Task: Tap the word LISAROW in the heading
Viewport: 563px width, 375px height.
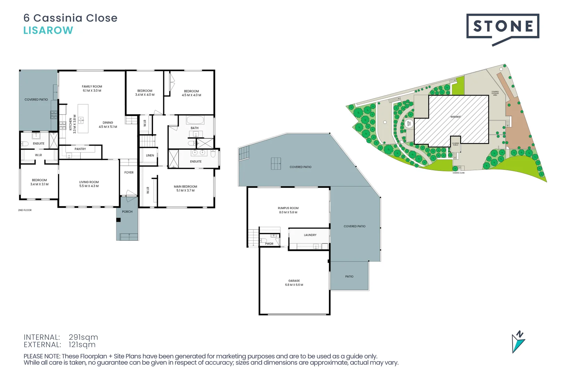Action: (x=48, y=31)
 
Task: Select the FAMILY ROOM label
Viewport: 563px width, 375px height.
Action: (x=92, y=87)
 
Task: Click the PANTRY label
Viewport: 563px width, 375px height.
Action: (x=80, y=149)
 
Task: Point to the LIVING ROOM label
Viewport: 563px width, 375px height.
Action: (x=89, y=182)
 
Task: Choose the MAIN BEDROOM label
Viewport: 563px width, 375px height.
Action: (x=185, y=186)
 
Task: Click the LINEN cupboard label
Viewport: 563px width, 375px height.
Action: (x=150, y=156)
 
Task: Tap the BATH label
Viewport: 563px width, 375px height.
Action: (x=195, y=128)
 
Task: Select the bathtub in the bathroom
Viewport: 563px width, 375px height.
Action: (x=195, y=120)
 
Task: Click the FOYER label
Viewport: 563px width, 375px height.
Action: (x=129, y=173)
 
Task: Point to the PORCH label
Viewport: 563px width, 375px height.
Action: (x=127, y=212)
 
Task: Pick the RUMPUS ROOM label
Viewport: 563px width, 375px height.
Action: (x=288, y=208)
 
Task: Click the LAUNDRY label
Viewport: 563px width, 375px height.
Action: (x=310, y=235)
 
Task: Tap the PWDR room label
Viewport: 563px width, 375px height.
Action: (x=269, y=244)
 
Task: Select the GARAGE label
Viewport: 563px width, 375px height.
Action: (x=294, y=281)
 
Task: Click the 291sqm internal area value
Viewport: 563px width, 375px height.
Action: (x=83, y=337)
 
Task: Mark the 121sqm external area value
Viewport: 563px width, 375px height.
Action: (x=82, y=345)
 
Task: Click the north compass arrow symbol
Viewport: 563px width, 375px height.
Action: (x=518, y=342)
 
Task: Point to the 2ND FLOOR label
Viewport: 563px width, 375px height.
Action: (x=25, y=210)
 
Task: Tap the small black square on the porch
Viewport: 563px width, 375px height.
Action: (x=119, y=220)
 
